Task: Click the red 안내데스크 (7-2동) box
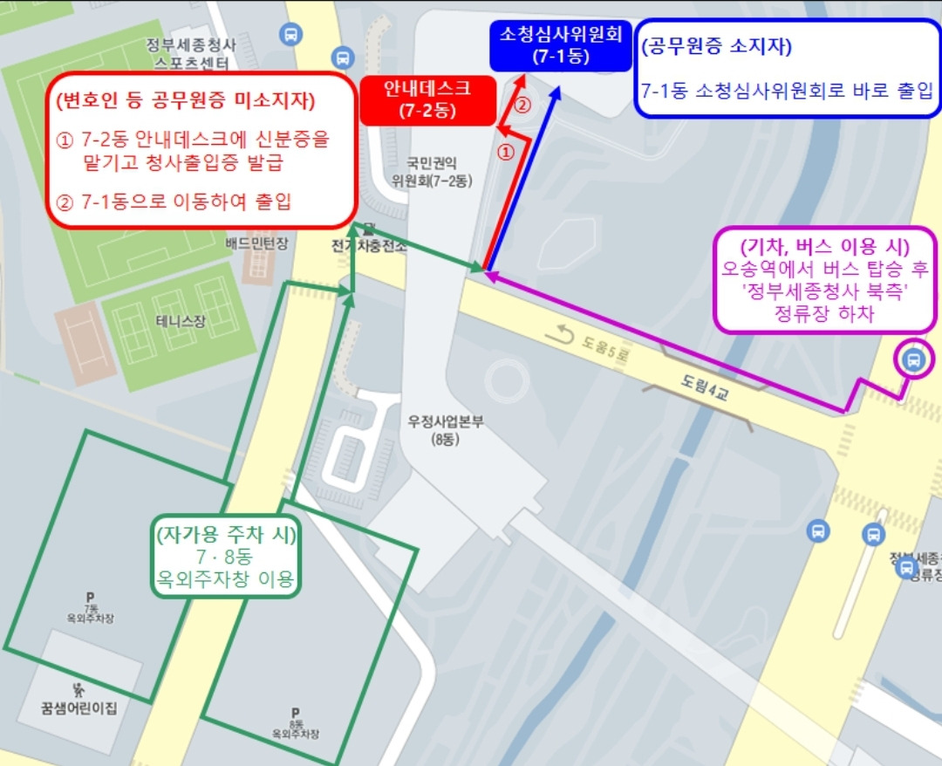(427, 99)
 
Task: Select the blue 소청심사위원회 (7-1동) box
(560, 45)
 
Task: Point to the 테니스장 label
(181, 321)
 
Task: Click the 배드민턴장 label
(256, 244)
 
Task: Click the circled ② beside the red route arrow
(522, 106)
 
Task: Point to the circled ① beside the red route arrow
(505, 152)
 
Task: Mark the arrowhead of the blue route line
(555, 93)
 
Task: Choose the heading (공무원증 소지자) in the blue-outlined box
(716, 47)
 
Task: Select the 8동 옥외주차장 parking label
(296, 723)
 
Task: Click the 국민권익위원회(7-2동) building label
(431, 172)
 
